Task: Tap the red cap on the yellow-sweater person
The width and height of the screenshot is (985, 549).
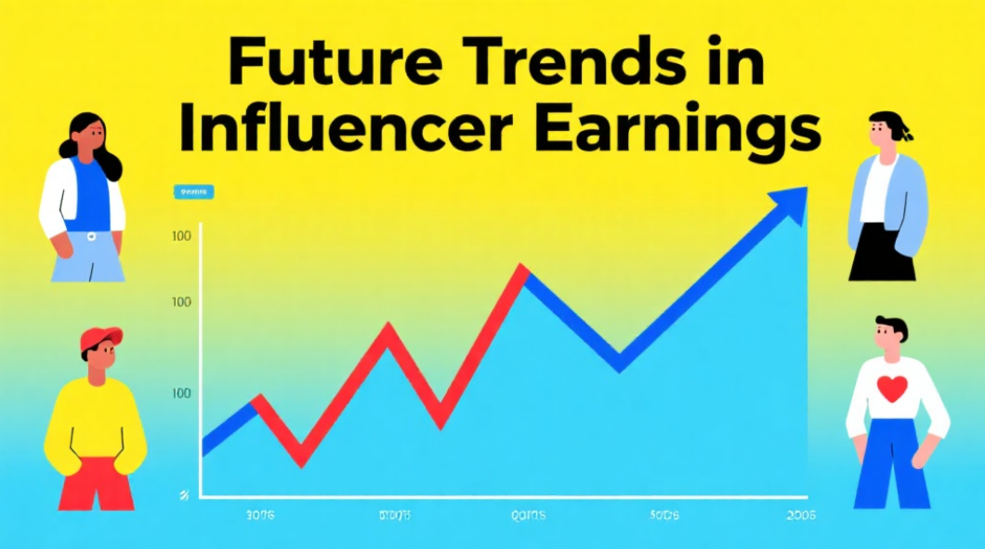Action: [100, 338]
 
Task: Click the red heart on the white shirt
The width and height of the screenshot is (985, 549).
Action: [891, 388]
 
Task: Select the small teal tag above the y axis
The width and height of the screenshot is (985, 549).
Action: [193, 191]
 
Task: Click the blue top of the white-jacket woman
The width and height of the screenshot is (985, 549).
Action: [89, 194]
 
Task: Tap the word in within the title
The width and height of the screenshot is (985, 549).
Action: [723, 66]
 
